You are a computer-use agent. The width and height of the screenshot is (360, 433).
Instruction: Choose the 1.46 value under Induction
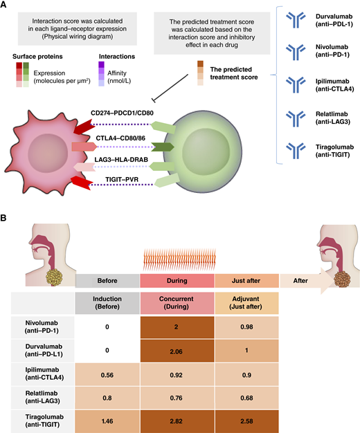point(107,419)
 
